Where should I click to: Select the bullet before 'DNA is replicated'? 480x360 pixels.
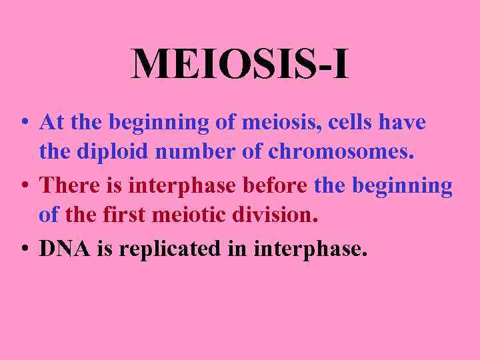click(24, 249)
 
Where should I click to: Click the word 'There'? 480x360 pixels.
click(69, 185)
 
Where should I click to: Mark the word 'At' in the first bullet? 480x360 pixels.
click(51, 123)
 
